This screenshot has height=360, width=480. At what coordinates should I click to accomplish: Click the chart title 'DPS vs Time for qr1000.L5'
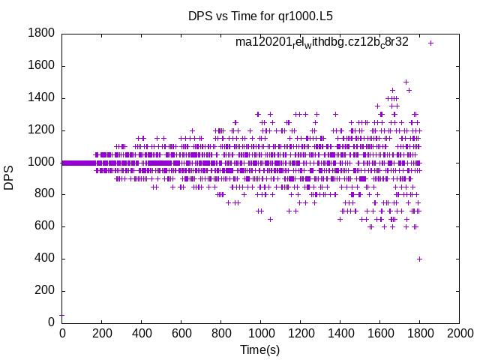coord(259,15)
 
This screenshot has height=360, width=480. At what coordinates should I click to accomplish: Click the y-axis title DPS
coord(9,178)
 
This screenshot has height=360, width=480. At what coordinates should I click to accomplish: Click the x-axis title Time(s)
coord(259,349)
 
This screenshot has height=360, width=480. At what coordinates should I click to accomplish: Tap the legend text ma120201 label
coord(322,42)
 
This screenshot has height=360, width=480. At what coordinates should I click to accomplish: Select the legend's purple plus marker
coord(430,43)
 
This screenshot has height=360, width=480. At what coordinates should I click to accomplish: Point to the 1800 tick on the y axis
coord(40,33)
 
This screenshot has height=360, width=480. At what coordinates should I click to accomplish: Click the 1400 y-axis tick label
coord(40,97)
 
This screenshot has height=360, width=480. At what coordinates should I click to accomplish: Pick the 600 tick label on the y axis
coord(44,226)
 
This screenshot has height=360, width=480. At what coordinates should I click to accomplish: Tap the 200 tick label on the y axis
coord(44,291)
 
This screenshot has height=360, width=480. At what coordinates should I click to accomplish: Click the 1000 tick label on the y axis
coord(40,162)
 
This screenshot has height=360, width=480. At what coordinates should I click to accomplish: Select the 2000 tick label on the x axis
coord(459,333)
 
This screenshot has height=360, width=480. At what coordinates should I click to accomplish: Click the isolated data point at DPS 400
coord(419,259)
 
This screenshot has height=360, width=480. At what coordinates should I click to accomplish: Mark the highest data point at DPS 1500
coord(406,82)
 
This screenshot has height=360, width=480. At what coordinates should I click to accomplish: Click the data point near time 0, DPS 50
coord(61,315)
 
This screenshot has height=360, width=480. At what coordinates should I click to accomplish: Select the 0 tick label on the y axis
coord(51,322)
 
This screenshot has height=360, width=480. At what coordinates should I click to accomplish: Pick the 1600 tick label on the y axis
coord(40,65)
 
